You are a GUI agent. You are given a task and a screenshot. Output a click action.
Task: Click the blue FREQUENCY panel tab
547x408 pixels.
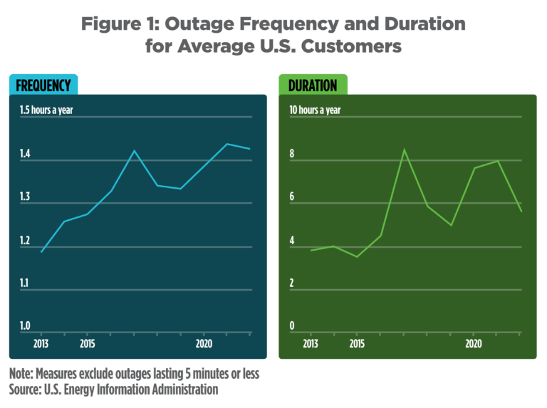coord(43,85)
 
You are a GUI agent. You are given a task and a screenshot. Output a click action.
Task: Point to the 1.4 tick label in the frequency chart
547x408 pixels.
coord(25,154)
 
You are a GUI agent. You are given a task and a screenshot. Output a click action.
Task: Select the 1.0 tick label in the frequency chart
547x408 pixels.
coord(25,326)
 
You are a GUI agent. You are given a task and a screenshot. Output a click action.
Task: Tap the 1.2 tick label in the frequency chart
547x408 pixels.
coord(25,241)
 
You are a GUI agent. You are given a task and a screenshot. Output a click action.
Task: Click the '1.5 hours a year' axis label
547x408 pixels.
coord(47,110)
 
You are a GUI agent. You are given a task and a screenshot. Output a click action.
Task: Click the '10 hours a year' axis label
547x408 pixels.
coord(315,110)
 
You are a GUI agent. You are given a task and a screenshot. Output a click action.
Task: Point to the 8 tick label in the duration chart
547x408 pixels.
coord(291,154)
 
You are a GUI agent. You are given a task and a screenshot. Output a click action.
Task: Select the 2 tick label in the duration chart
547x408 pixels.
coord(291,283)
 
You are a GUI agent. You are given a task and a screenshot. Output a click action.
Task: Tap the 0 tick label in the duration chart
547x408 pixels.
coord(291,326)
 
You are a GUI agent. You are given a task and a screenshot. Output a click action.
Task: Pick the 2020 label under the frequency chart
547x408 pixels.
coord(204,343)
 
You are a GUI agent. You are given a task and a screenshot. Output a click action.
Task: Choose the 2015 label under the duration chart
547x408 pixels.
coord(357,343)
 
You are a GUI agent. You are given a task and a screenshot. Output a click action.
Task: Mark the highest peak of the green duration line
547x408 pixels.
coord(404,150)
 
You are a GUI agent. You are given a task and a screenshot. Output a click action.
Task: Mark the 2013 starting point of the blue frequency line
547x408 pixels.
coord(41,252)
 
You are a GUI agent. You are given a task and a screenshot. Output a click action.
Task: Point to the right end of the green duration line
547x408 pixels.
coord(521,211)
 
